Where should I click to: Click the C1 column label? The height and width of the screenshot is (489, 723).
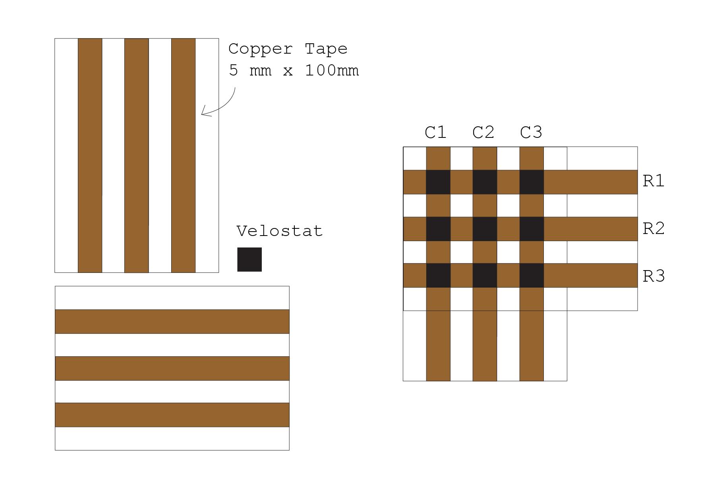pyautogui.click(x=435, y=132)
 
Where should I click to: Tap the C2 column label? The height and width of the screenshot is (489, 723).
pyautogui.click(x=483, y=132)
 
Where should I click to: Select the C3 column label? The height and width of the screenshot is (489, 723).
pyautogui.click(x=531, y=132)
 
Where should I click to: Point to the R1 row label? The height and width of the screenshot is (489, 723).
pyautogui.click(x=653, y=181)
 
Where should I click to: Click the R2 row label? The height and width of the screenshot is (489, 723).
pyautogui.click(x=653, y=228)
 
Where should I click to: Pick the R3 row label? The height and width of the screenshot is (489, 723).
pyautogui.click(x=653, y=276)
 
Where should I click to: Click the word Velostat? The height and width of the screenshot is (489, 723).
pyautogui.click(x=279, y=231)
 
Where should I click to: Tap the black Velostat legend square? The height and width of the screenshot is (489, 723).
pyautogui.click(x=249, y=259)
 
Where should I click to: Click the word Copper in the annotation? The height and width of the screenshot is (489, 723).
pyautogui.click(x=260, y=49)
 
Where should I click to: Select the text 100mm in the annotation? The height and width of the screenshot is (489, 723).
pyautogui.click(x=332, y=71)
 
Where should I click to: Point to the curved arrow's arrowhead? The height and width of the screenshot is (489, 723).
pyautogui.click(x=203, y=114)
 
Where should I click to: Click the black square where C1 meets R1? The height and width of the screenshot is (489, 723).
pyautogui.click(x=438, y=182)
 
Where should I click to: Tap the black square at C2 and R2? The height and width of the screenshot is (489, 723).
pyautogui.click(x=485, y=229)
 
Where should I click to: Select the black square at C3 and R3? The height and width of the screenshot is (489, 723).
pyautogui.click(x=532, y=275)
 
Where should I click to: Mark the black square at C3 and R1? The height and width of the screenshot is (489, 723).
pyautogui.click(x=532, y=182)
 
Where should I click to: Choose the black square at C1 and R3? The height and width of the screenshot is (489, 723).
pyautogui.click(x=438, y=275)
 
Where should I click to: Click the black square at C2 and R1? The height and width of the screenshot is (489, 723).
pyautogui.click(x=485, y=182)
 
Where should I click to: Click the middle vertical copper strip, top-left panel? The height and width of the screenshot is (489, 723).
pyautogui.click(x=136, y=155)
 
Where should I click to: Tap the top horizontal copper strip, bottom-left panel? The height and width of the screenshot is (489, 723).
pyautogui.click(x=172, y=321)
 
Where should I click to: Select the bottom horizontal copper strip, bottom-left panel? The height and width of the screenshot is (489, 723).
pyautogui.click(x=172, y=415)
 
